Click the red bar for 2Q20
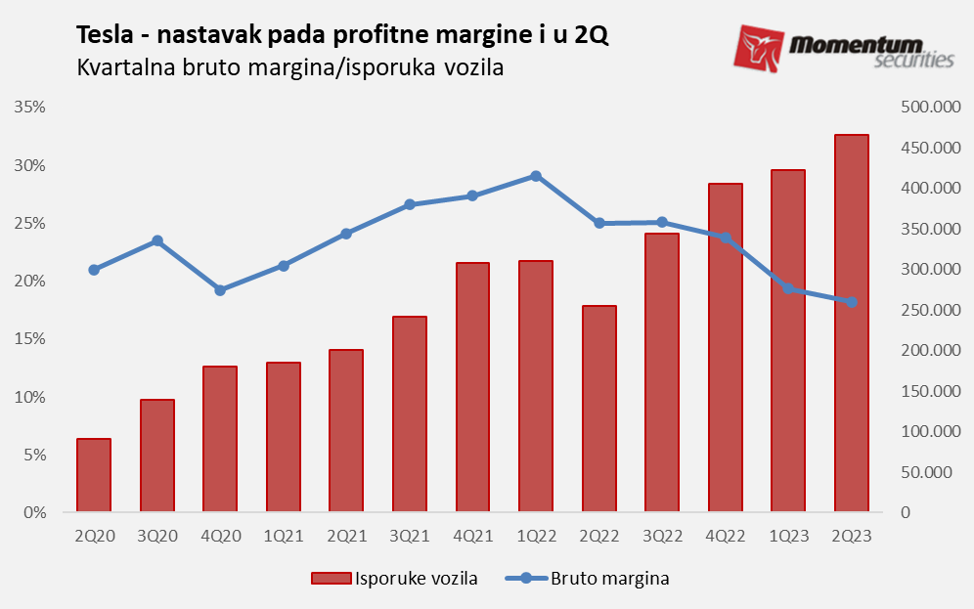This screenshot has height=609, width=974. [x=94, y=475]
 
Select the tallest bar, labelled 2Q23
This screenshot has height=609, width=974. [x=851, y=323]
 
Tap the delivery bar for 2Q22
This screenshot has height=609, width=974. [x=598, y=409]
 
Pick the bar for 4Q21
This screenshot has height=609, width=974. [x=472, y=387]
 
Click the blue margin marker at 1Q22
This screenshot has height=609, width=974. [x=536, y=176]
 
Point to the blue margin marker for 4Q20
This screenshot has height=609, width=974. [x=220, y=290]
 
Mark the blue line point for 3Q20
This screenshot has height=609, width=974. [x=157, y=240]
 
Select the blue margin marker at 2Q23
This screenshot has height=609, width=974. [x=851, y=302]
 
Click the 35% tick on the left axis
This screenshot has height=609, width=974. [x=31, y=107]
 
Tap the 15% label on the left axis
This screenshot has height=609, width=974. [x=31, y=339]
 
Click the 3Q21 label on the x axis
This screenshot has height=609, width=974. [x=410, y=536]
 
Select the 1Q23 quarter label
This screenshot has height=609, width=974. [x=788, y=536]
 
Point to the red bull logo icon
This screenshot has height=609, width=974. [x=759, y=49]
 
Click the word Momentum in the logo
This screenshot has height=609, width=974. [x=869, y=44]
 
